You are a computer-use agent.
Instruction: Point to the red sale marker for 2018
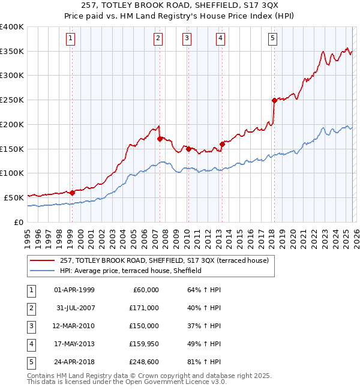click(274, 100)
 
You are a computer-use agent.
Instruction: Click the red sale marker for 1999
click(72, 193)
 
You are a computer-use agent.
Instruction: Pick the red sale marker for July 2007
click(160, 139)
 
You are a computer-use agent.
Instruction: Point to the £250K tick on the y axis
click(12, 100)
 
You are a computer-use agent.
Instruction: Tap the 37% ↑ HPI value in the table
click(200, 325)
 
